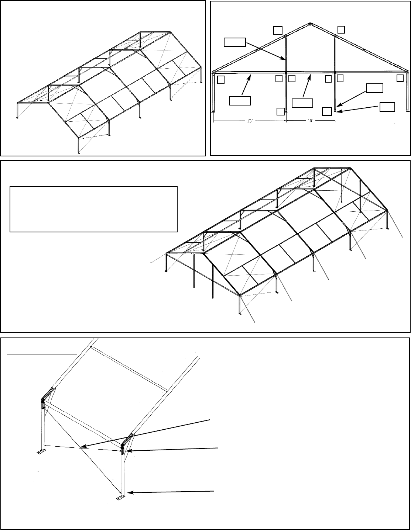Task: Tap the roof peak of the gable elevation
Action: pyautogui.click(x=309, y=24)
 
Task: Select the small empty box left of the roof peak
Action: pyautogui.click(x=278, y=30)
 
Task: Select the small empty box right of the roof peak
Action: pyautogui.click(x=342, y=29)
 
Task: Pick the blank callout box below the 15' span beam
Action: pyautogui.click(x=240, y=100)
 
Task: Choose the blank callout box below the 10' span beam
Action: pyautogui.click(x=302, y=103)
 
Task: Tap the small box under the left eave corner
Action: pyautogui.click(x=221, y=80)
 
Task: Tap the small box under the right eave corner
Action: pyautogui.click(x=400, y=78)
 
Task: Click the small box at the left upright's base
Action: pyautogui.click(x=281, y=111)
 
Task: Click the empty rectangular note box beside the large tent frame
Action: pyautogui.click(x=93, y=209)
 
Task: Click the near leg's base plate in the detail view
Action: pyautogui.click(x=120, y=497)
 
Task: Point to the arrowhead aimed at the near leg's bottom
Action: pyautogui.click(x=128, y=493)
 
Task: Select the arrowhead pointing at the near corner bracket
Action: pyautogui.click(x=127, y=450)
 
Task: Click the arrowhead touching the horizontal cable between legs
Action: pyautogui.click(x=82, y=447)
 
